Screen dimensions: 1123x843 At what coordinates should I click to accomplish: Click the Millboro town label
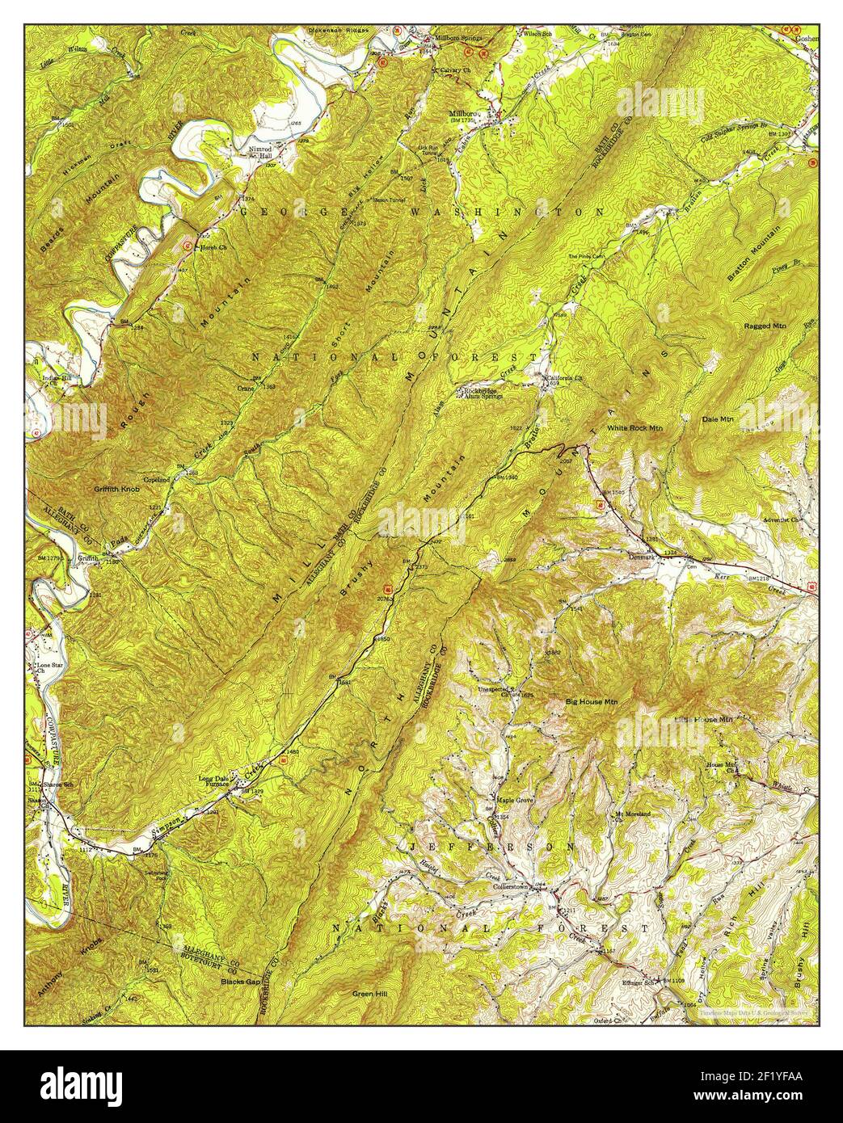pos(464,115)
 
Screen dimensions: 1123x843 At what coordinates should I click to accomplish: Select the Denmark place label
pos(641,555)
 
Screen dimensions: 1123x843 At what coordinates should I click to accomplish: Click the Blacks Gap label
pos(240,982)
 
